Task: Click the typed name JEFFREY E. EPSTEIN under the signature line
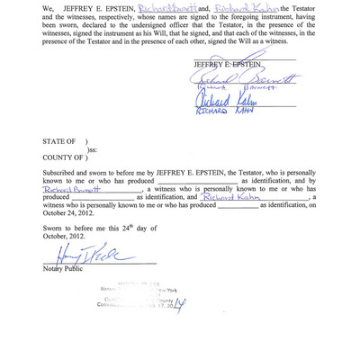click(x=227, y=66)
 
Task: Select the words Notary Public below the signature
click(x=62, y=268)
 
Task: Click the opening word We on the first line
click(x=49, y=9)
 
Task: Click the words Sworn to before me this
click(x=77, y=229)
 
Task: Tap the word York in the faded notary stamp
click(x=168, y=290)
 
